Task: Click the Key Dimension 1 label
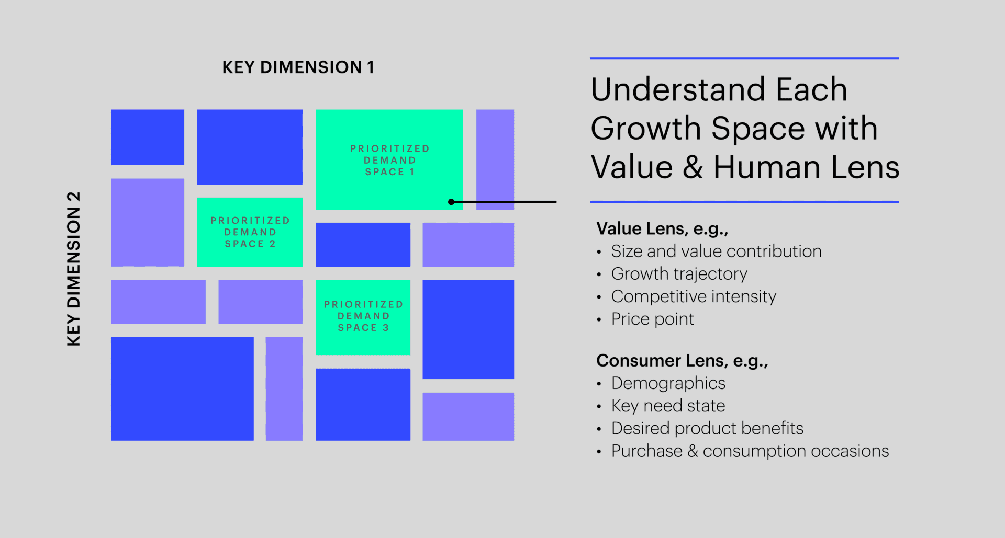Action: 298,67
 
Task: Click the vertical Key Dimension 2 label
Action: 74,269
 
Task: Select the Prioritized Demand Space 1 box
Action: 389,159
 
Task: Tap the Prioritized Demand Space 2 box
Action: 250,232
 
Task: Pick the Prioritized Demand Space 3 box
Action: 363,316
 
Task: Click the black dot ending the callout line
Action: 451,202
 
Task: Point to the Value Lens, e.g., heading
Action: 662,228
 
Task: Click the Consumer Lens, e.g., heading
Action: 682,361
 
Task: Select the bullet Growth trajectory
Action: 679,274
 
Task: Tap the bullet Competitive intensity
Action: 693,296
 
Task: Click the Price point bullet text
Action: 652,319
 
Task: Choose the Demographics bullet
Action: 668,383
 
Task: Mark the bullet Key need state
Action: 668,406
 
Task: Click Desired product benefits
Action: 707,428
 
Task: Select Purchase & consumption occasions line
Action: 750,451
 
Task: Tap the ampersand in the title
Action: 693,168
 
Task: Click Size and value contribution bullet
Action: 716,251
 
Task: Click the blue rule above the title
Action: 744,58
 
